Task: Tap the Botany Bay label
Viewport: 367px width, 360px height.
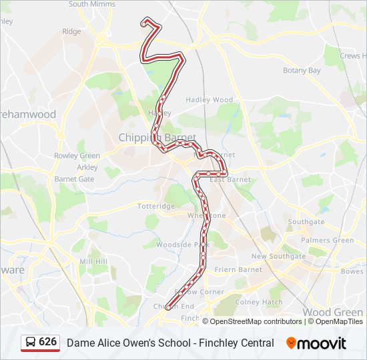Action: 302,70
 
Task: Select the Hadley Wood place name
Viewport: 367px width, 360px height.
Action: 209,100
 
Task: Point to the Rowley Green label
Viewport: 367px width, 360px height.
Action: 77,156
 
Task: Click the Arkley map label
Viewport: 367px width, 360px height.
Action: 87,167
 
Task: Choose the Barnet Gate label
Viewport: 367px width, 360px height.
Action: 74,179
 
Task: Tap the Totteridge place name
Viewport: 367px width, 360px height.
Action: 155,207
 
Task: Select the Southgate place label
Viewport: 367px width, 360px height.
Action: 306,222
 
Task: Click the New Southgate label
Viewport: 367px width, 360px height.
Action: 278,256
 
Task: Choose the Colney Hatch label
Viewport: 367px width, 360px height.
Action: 259,301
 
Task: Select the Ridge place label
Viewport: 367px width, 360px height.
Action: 71,31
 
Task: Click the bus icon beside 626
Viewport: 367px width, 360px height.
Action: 31,342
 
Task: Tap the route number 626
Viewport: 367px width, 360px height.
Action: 47,342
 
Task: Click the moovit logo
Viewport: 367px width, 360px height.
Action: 316,343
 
